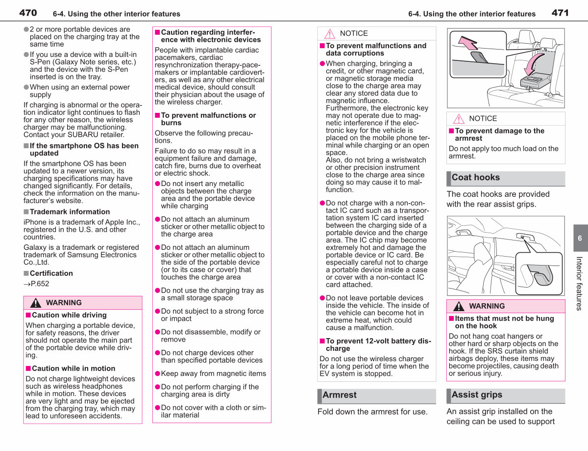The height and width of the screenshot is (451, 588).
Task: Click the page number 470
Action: (28, 13)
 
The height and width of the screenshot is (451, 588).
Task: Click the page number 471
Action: (560, 13)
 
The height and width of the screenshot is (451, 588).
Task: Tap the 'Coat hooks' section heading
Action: (476, 178)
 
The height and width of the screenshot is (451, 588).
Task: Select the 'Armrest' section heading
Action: (340, 395)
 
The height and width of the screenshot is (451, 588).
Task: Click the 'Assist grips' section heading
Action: (477, 395)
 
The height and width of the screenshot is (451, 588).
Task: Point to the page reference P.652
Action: (36, 284)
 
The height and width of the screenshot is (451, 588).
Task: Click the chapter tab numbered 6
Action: (580, 238)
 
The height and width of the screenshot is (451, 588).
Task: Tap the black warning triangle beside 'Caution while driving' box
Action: (35, 303)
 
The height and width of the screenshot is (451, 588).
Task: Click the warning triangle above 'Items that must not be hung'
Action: (459, 306)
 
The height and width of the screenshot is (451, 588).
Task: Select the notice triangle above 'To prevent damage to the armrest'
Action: (459, 119)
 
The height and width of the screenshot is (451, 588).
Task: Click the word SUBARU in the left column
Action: (82, 134)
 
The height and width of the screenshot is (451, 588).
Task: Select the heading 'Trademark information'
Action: (70, 212)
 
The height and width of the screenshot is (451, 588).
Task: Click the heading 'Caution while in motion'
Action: (73, 369)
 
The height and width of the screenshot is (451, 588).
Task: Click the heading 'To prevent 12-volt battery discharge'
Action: (379, 345)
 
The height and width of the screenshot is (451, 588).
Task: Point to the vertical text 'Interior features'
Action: (579, 283)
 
